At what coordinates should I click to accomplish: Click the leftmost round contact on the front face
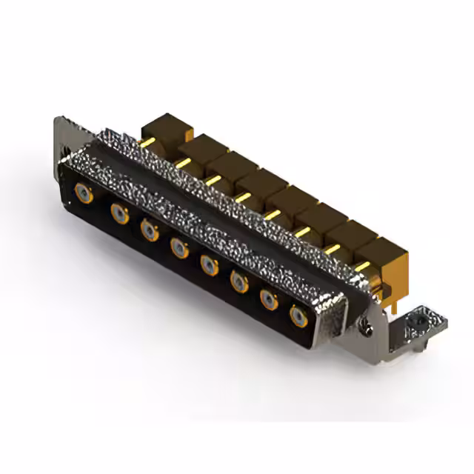[x=84, y=195]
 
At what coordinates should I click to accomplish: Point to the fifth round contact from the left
[x=210, y=264]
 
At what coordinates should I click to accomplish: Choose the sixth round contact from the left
[x=239, y=281]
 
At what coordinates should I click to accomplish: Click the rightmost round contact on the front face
[x=299, y=317]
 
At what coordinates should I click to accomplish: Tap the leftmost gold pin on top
[x=148, y=141]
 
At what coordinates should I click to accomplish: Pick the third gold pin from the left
[x=213, y=179]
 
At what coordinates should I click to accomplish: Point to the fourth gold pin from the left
[x=243, y=196]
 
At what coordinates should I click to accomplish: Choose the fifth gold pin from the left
[x=273, y=214]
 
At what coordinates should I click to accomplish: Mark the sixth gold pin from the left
[x=302, y=232]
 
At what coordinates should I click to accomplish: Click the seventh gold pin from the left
[x=332, y=249]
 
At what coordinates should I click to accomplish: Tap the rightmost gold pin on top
[x=361, y=266]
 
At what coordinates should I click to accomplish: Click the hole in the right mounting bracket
[x=421, y=321]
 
